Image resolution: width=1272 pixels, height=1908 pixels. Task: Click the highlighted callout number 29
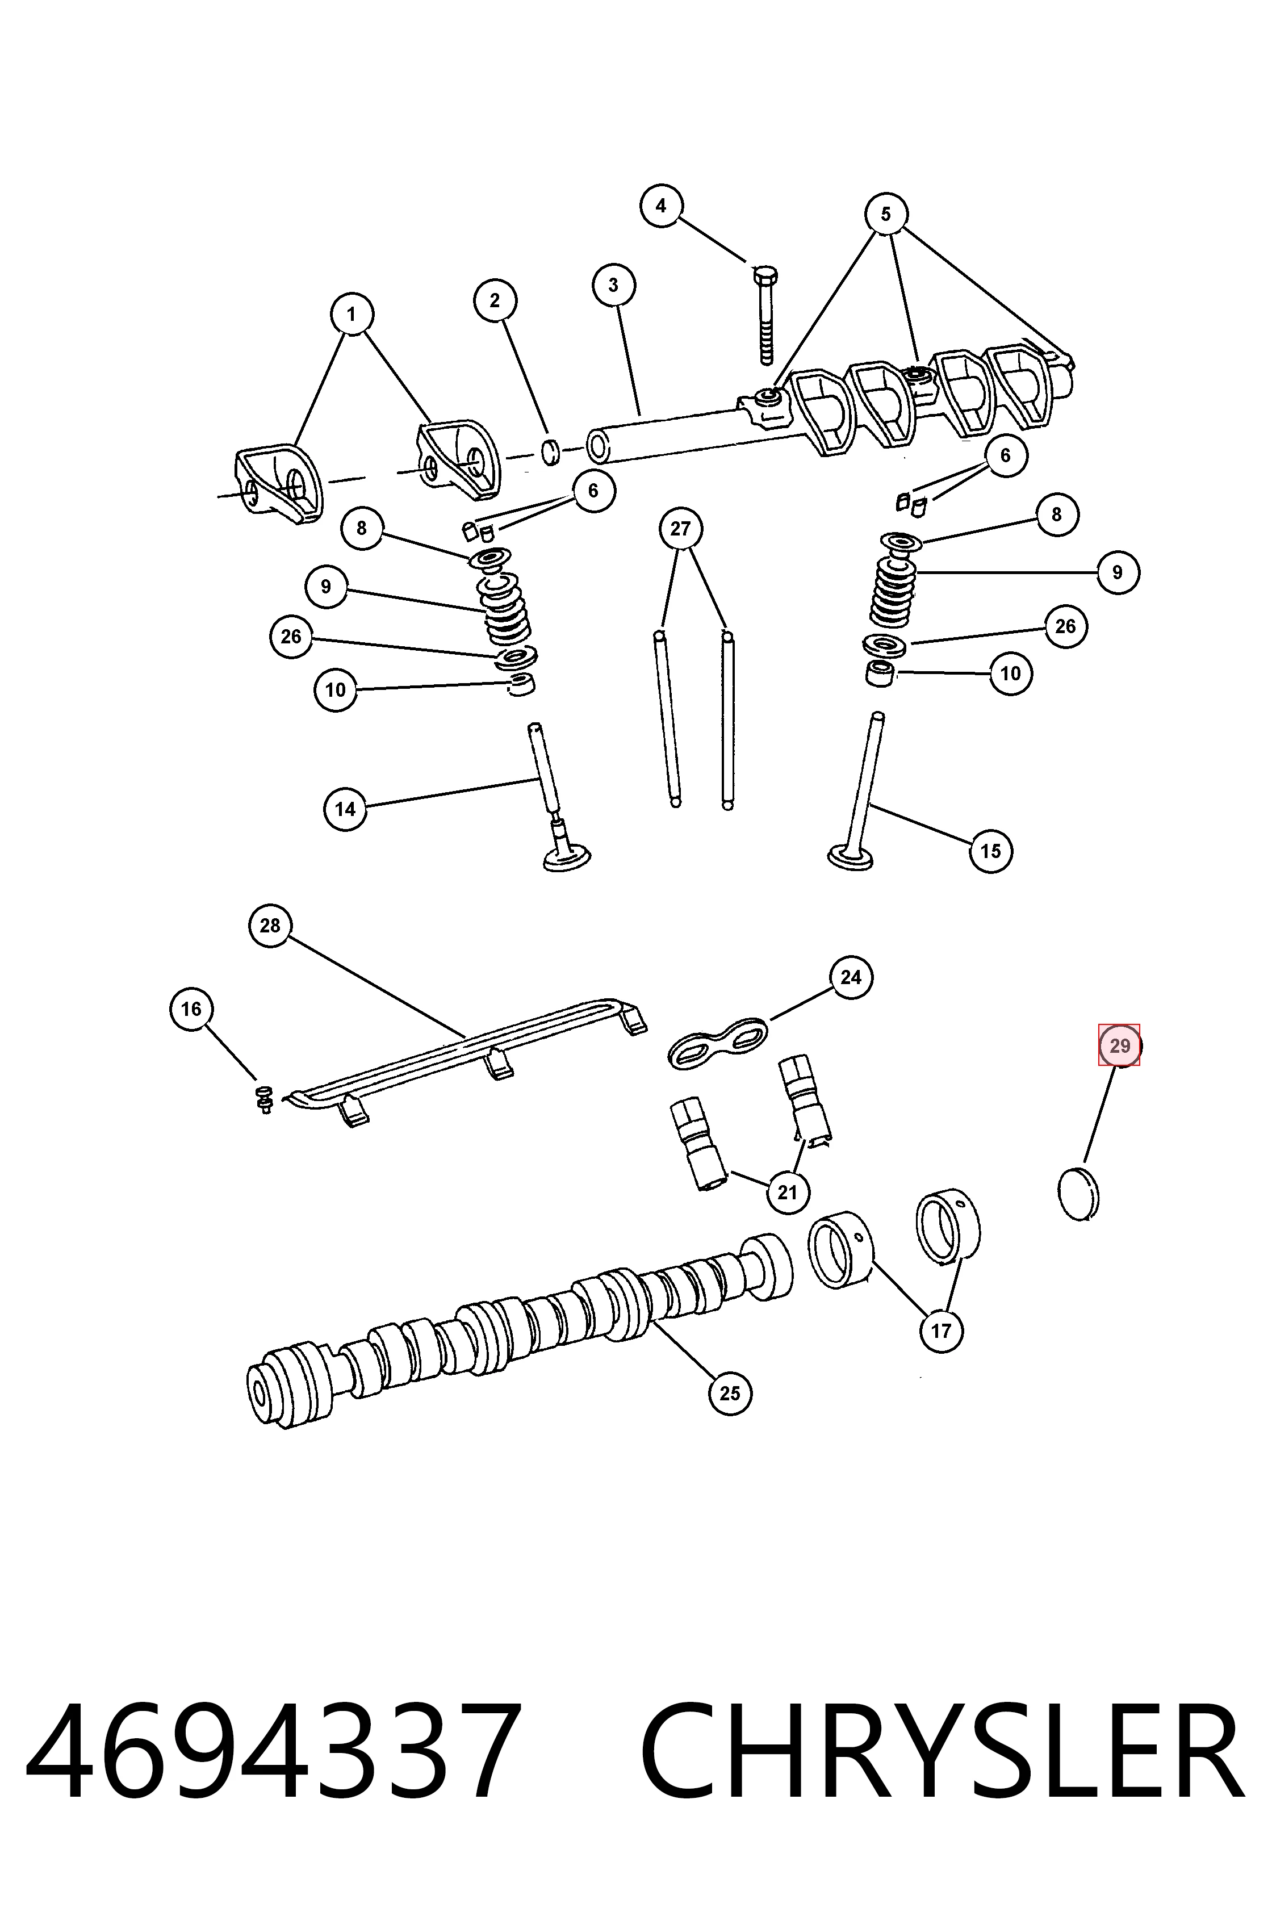[1119, 1045]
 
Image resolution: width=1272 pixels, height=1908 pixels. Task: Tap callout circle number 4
[661, 206]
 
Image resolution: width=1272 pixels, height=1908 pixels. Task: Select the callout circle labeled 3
[613, 284]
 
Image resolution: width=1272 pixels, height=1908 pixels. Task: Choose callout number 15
[990, 851]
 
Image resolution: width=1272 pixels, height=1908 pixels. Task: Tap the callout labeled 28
[270, 926]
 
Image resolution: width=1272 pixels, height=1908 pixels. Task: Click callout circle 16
[191, 1009]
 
